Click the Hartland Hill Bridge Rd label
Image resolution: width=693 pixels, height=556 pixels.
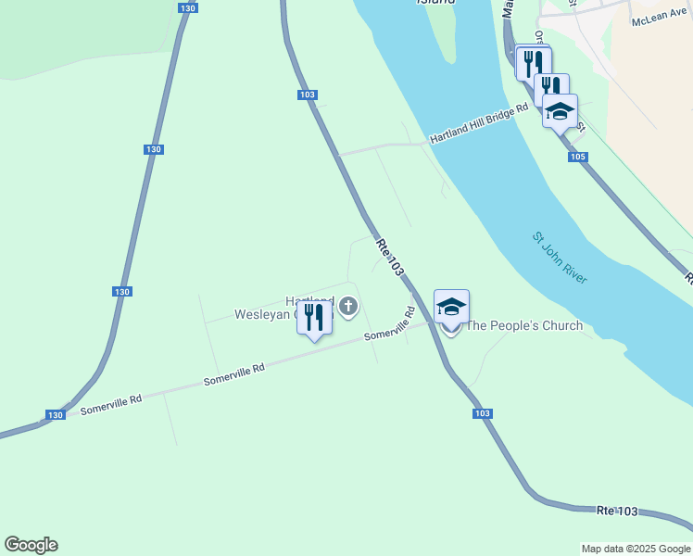tap(478, 125)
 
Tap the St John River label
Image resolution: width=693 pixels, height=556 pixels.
tap(560, 258)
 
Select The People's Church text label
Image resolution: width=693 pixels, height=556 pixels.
tap(524, 325)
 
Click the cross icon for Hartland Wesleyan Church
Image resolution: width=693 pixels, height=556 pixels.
tap(348, 306)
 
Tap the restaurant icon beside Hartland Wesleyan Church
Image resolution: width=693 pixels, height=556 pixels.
tap(314, 318)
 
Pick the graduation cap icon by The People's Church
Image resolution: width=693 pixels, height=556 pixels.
tap(451, 307)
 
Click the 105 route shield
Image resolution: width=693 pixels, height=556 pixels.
tap(578, 158)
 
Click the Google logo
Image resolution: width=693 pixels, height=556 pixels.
tap(31, 545)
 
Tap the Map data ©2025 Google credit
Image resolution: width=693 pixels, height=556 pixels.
tap(636, 549)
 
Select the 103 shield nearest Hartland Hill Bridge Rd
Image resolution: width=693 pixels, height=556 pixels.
tap(309, 95)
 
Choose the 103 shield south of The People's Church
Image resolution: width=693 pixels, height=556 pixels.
tap(482, 413)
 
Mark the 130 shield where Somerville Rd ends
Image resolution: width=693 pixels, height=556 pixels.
tap(56, 415)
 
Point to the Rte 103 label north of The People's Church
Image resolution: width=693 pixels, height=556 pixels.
tap(391, 257)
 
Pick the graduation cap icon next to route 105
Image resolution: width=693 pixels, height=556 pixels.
tap(559, 111)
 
